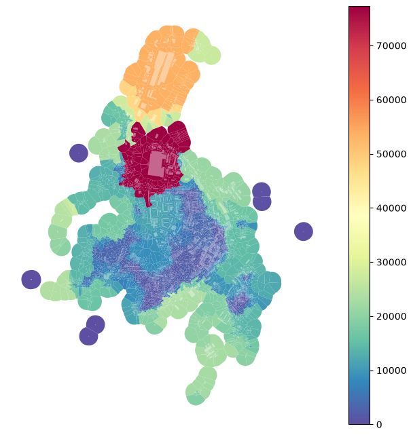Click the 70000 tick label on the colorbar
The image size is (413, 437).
tap(391, 45)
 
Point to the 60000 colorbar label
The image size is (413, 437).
tap(391, 100)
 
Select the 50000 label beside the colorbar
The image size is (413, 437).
tap(391, 154)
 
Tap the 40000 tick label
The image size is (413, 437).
tap(391, 208)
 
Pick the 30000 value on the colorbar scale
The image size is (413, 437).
tap(391, 262)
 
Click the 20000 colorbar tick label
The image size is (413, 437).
tap(391, 316)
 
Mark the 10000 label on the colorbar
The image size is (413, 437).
tap(391, 370)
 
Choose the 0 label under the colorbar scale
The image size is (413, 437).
tap(379, 425)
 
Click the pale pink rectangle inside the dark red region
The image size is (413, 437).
tap(155, 164)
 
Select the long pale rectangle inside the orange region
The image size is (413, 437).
tap(161, 68)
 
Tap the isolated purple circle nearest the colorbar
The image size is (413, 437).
tap(304, 231)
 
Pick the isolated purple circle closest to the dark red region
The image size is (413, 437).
tap(79, 153)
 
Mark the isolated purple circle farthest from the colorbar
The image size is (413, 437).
tap(31, 280)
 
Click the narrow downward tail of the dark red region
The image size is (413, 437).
tap(148, 200)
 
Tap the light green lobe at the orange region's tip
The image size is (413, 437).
tap(206, 50)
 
